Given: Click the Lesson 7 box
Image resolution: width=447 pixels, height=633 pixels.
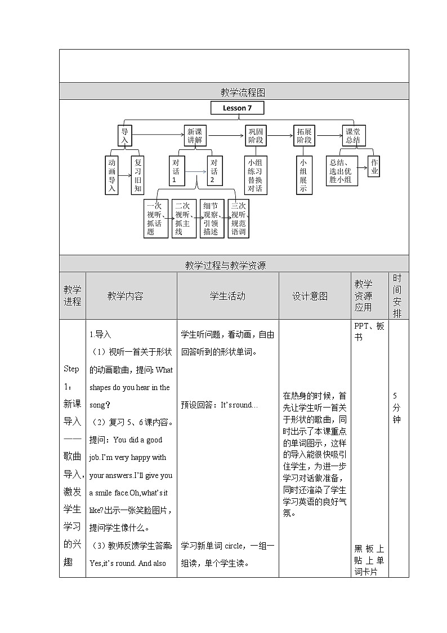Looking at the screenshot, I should pyautogui.click(x=237, y=108).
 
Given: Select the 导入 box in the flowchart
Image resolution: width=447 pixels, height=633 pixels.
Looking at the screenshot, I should pyautogui.click(x=125, y=135).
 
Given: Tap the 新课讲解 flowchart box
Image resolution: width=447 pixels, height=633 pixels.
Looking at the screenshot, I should pyautogui.click(x=195, y=136).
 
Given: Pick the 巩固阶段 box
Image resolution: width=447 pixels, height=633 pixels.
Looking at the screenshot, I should pyautogui.click(x=257, y=136).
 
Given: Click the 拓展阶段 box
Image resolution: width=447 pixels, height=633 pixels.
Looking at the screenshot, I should pyautogui.click(x=304, y=136).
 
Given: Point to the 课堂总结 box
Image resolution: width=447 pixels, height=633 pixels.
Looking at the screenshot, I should pyautogui.click(x=353, y=136).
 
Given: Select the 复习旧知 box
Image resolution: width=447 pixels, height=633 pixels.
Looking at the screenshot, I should pyautogui.click(x=137, y=175).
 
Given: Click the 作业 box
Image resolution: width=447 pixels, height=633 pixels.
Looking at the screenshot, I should pyautogui.click(x=374, y=167).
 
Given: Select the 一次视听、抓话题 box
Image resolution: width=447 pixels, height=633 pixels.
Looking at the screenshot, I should pyautogui.click(x=156, y=219).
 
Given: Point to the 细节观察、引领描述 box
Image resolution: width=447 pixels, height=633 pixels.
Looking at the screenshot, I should pyautogui.click(x=212, y=219).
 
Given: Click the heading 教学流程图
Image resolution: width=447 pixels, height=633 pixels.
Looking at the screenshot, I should pyautogui.click(x=234, y=92).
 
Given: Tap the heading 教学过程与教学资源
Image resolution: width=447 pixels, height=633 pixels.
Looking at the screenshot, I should pyautogui.click(x=234, y=264).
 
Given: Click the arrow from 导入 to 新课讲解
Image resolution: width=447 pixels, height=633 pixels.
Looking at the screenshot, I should pyautogui.click(x=158, y=135).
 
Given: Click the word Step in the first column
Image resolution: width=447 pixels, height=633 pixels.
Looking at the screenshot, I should pyautogui.click(x=72, y=369).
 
